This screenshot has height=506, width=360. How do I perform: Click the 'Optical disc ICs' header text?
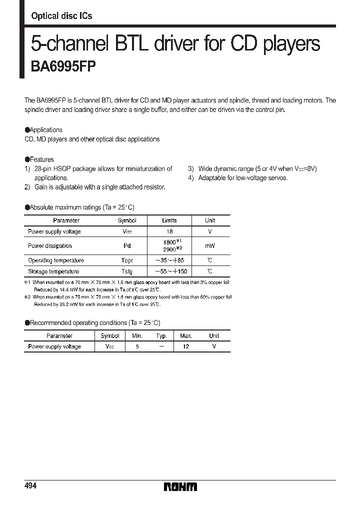pyautogui.click(x=61, y=16)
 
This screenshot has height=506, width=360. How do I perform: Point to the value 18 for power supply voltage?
pyautogui.click(x=169, y=231)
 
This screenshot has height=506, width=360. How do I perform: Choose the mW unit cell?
pyautogui.click(x=209, y=245)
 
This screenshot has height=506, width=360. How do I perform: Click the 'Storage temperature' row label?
pyautogui.click(x=53, y=271)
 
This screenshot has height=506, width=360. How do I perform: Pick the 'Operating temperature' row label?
pyautogui.click(x=56, y=260)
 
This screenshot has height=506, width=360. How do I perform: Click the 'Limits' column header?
pyautogui.click(x=169, y=220)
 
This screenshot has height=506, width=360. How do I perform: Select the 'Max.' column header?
pyautogui.click(x=185, y=336)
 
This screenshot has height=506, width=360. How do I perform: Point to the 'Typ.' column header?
pyautogui.click(x=161, y=336)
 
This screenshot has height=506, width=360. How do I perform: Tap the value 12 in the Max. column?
pyautogui.click(x=185, y=346)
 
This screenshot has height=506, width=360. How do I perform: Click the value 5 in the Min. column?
pyautogui.click(x=137, y=346)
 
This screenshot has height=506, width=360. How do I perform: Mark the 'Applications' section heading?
pyautogui.click(x=45, y=130)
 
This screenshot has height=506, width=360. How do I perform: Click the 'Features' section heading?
pyautogui.click(x=41, y=159)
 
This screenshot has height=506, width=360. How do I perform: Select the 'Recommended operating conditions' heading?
pyautogui.click(x=94, y=323)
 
